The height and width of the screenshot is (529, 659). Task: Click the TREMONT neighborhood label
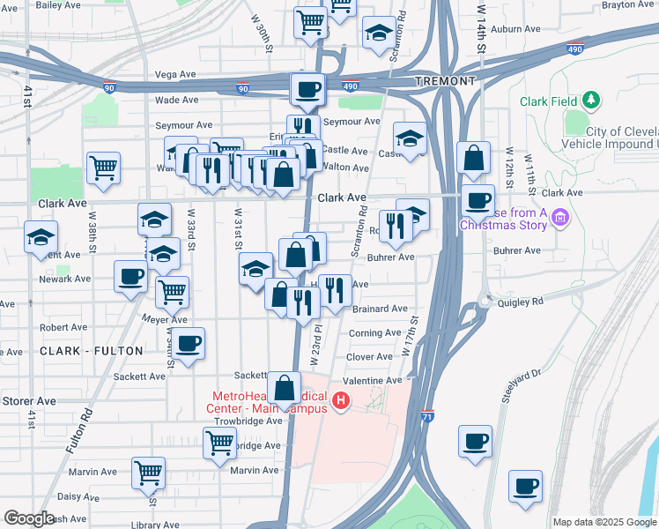tap(447, 81)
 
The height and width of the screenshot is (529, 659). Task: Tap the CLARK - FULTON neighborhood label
tap(92, 351)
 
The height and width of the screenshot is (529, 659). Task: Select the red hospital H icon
tap(341, 404)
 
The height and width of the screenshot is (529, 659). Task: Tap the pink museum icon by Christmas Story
tap(560, 218)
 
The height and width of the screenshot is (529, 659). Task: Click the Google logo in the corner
tap(29, 518)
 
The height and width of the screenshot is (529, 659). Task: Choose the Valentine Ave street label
tap(372, 380)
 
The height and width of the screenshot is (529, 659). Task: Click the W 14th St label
tap(481, 31)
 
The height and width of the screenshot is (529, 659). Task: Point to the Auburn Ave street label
tap(515, 29)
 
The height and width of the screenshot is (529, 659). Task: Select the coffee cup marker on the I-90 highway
tap(307, 89)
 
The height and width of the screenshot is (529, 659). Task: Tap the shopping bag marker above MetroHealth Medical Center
tap(285, 388)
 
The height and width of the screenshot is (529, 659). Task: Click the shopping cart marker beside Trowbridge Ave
tap(219, 445)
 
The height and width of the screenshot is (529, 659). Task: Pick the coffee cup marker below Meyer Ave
tap(188, 343)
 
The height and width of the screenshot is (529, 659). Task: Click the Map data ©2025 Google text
tap(604, 522)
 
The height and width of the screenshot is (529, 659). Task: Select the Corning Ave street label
tap(374, 333)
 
